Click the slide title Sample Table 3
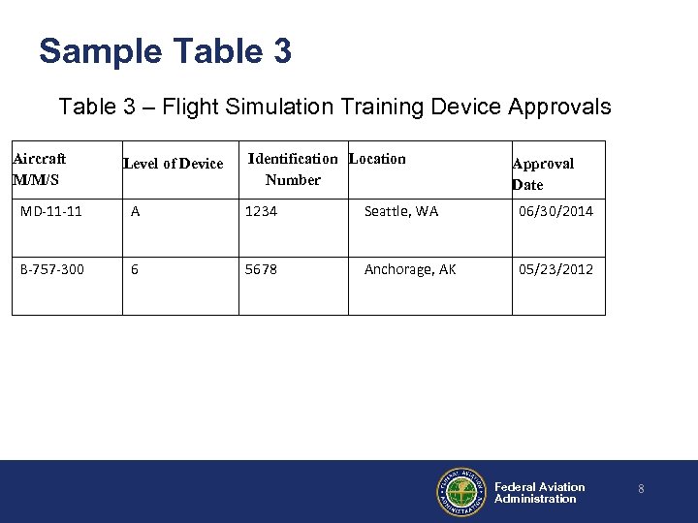pos(165,50)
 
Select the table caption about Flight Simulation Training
pos(334,106)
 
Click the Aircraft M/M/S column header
pos(39,169)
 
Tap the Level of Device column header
pos(173,164)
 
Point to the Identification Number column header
pos(293,169)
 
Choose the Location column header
pos(377,159)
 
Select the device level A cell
pos(136,211)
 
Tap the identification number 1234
pos(261,211)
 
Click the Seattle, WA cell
pos(400,211)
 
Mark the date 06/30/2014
pos(555,211)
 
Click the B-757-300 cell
pos(52,269)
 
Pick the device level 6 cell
pos(136,269)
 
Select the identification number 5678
pos(261,269)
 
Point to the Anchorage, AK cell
pos(409,269)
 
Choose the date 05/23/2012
pos(555,269)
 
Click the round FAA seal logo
pos(461,492)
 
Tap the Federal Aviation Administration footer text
pos(539,493)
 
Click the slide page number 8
pos(641,490)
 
